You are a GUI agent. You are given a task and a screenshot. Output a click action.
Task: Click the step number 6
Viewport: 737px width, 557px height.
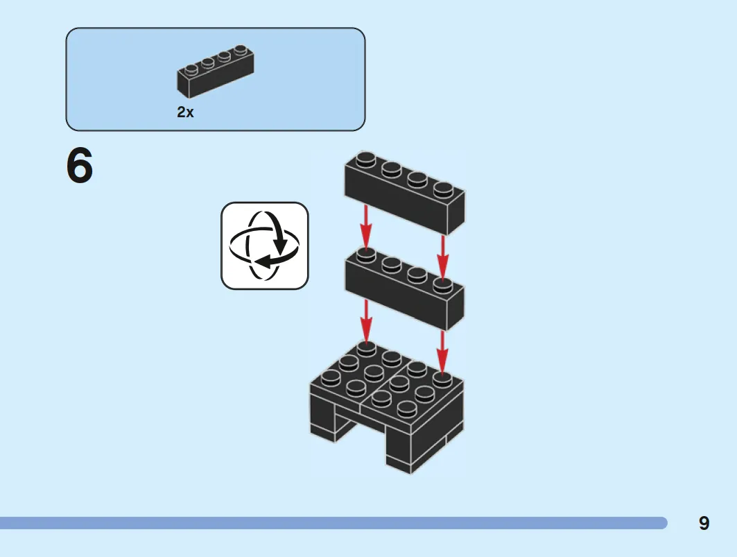[80, 166]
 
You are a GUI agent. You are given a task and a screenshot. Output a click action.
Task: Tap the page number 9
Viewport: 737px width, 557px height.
[704, 523]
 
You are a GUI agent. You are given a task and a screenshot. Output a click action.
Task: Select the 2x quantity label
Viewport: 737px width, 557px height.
[185, 112]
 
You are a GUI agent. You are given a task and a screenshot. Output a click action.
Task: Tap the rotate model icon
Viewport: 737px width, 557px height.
[265, 246]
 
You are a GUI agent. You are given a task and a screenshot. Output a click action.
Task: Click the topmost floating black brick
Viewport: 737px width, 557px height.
[404, 192]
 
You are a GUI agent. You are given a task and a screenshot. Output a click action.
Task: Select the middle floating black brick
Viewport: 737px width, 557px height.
[404, 288]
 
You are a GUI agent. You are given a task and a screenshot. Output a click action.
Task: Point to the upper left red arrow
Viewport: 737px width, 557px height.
[365, 226]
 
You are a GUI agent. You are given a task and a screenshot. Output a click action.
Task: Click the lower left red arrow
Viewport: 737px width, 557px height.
[366, 320]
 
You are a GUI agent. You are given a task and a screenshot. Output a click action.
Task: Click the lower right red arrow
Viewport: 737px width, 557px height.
[442, 352]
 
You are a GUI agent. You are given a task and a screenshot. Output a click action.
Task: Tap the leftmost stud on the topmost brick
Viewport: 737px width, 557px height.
[365, 160]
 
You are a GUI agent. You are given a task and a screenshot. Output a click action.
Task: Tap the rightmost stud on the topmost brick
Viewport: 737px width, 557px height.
[443, 189]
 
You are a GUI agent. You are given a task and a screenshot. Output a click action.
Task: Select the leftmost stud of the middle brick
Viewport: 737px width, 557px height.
[365, 255]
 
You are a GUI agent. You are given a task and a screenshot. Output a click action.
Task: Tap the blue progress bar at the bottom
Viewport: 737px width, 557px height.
[333, 523]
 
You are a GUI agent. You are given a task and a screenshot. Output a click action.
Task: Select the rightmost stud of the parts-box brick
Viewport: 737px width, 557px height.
[241, 49]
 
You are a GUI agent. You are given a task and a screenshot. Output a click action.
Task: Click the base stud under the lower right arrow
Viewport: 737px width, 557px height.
[442, 379]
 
